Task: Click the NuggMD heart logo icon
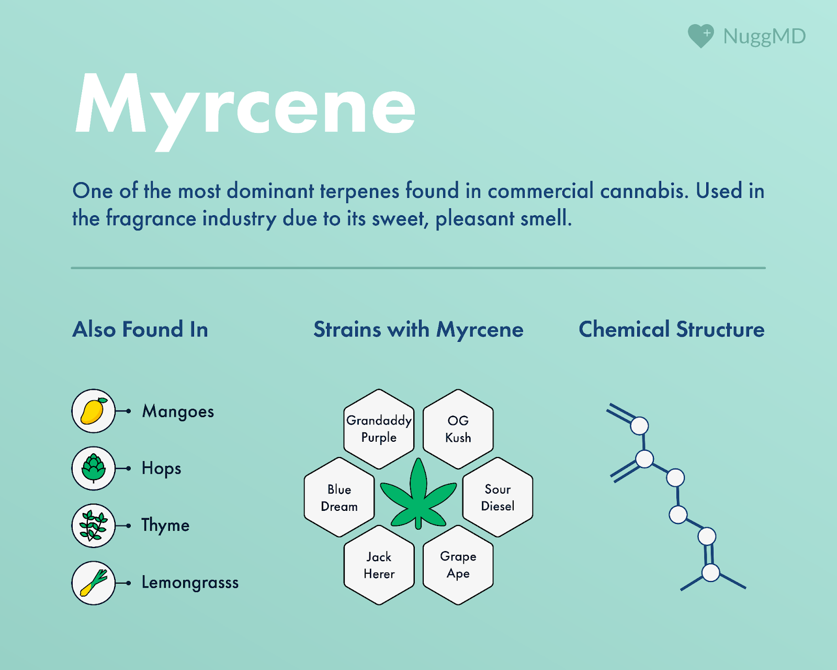[700, 36]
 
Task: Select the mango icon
[93, 411]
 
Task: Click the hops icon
[93, 468]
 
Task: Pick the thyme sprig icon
[93, 525]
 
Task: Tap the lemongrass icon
[93, 583]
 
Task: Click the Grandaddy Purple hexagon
[379, 429]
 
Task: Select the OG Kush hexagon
[458, 429]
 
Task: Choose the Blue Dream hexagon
[340, 497]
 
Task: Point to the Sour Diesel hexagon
[497, 497]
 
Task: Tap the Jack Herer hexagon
[379, 565]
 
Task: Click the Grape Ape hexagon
[458, 565]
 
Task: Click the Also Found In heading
[140, 329]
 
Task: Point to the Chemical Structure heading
[672, 329]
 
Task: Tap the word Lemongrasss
[190, 583]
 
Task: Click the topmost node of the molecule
[639, 426]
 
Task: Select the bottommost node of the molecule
[710, 572]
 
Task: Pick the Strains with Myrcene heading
[418, 329]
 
